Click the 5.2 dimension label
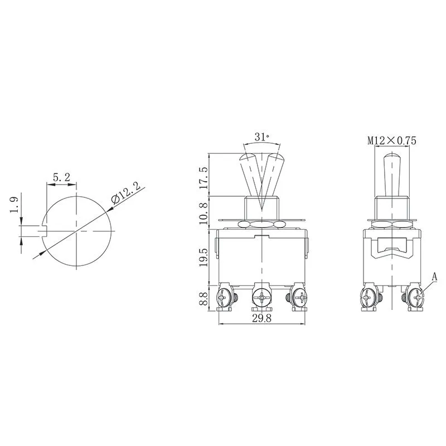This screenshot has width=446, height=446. tap(61, 177)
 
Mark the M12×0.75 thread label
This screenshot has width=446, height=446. tap(392, 141)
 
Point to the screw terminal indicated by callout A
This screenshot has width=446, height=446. tap(415, 298)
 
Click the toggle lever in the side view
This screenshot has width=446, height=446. tap(392, 173)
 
